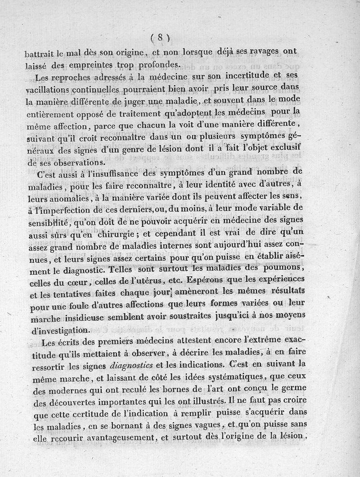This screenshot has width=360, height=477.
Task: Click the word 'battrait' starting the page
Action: pyautogui.click(x=40, y=52)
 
